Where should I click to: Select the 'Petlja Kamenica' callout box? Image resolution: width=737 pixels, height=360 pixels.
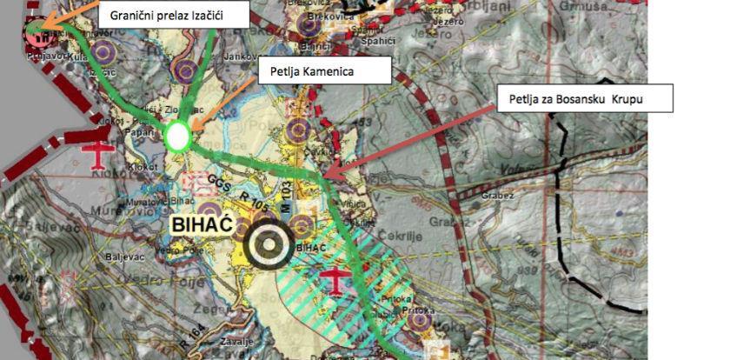(323, 70)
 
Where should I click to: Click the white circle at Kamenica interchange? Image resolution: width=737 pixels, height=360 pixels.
(177, 136)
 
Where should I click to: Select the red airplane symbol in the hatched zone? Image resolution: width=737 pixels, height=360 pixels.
(335, 280)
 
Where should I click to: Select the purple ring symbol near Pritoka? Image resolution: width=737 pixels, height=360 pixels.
(422, 323)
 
